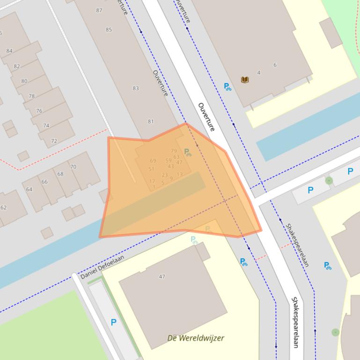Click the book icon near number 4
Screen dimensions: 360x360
pos(244,80)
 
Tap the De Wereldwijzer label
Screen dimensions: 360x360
pos(196,338)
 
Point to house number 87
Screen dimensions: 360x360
pos(99,10)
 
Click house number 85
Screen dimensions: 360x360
pos(109,30)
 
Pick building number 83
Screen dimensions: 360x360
pos(136,88)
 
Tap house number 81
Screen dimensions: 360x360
pos(151,122)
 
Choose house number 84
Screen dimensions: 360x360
pos(9,51)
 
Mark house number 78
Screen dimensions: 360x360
pos(32,96)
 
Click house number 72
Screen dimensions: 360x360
pos(54,141)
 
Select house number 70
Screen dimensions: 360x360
pos(73,166)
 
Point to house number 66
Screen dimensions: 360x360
pos(44,182)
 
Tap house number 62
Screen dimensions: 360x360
pos(4,208)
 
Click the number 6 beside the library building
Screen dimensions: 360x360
pos(275,65)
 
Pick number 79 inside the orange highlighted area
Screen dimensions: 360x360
pos(174,151)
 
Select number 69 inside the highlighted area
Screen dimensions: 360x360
pos(153,161)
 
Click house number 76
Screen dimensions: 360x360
pos(39,111)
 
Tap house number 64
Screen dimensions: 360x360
pos(29,189)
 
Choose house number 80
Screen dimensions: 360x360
pos(24,81)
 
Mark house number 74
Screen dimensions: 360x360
pos(46,126)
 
